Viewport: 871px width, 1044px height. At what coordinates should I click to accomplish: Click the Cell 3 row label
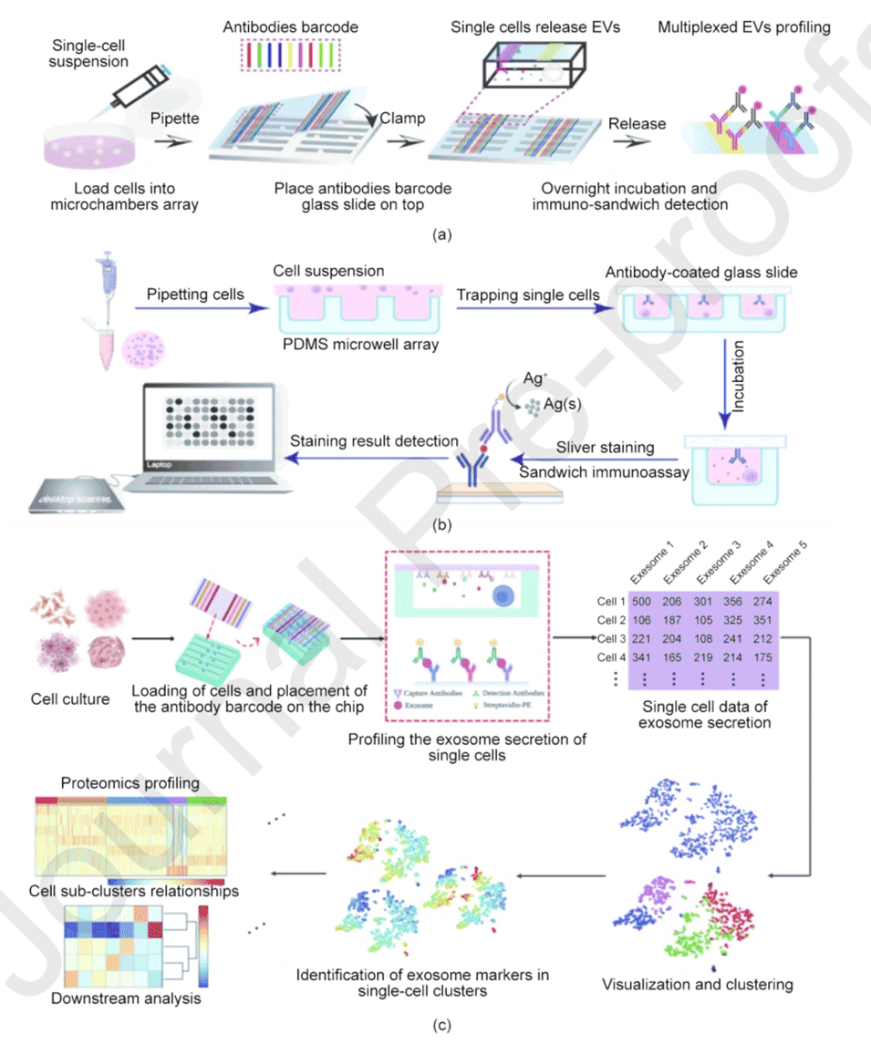point(608,638)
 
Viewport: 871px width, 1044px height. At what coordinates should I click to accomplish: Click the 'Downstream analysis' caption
point(127,998)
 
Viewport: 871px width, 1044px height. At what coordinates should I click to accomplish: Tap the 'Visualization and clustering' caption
point(697,984)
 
